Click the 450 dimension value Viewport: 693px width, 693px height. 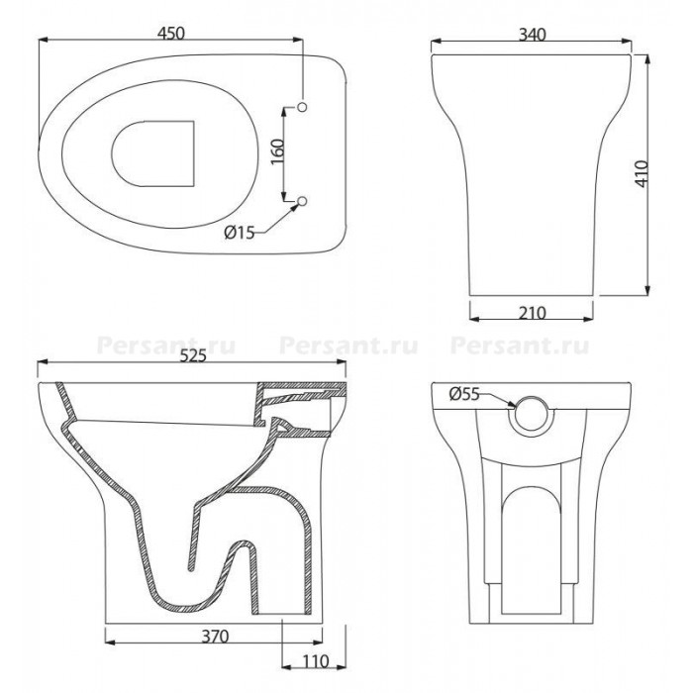tap(171, 34)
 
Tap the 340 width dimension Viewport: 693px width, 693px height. tap(533, 35)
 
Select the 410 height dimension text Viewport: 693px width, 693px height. tap(643, 173)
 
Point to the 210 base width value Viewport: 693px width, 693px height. tap(533, 313)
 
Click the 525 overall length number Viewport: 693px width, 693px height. tap(193, 355)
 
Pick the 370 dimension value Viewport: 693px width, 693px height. tap(215, 636)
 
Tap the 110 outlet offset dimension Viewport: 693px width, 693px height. tap(316, 661)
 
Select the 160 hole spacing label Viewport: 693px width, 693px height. tap(277, 151)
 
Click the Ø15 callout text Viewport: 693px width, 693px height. tap(240, 233)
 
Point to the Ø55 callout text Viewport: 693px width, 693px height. tap(464, 393)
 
